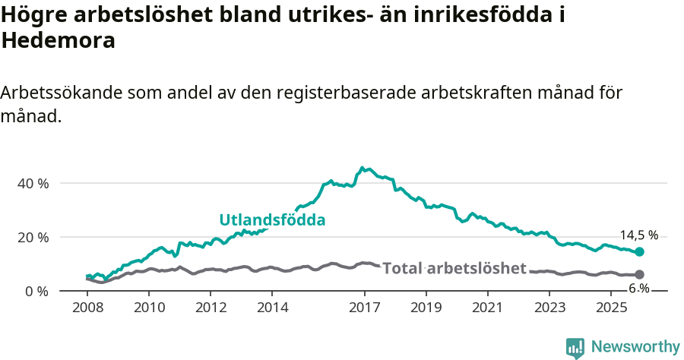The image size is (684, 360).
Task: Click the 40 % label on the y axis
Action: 32,184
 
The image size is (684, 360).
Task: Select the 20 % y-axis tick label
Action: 32,238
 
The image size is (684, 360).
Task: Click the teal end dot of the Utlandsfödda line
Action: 639,251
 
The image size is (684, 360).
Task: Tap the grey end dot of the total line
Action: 639,274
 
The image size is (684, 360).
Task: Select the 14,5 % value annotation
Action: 638,235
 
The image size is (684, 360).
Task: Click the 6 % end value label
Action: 638,289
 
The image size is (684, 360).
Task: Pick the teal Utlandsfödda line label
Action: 272,220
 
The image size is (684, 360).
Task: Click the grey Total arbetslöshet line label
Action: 454,268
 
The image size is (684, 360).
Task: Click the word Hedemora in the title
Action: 59,41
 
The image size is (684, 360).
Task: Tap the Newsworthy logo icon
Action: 575,348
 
